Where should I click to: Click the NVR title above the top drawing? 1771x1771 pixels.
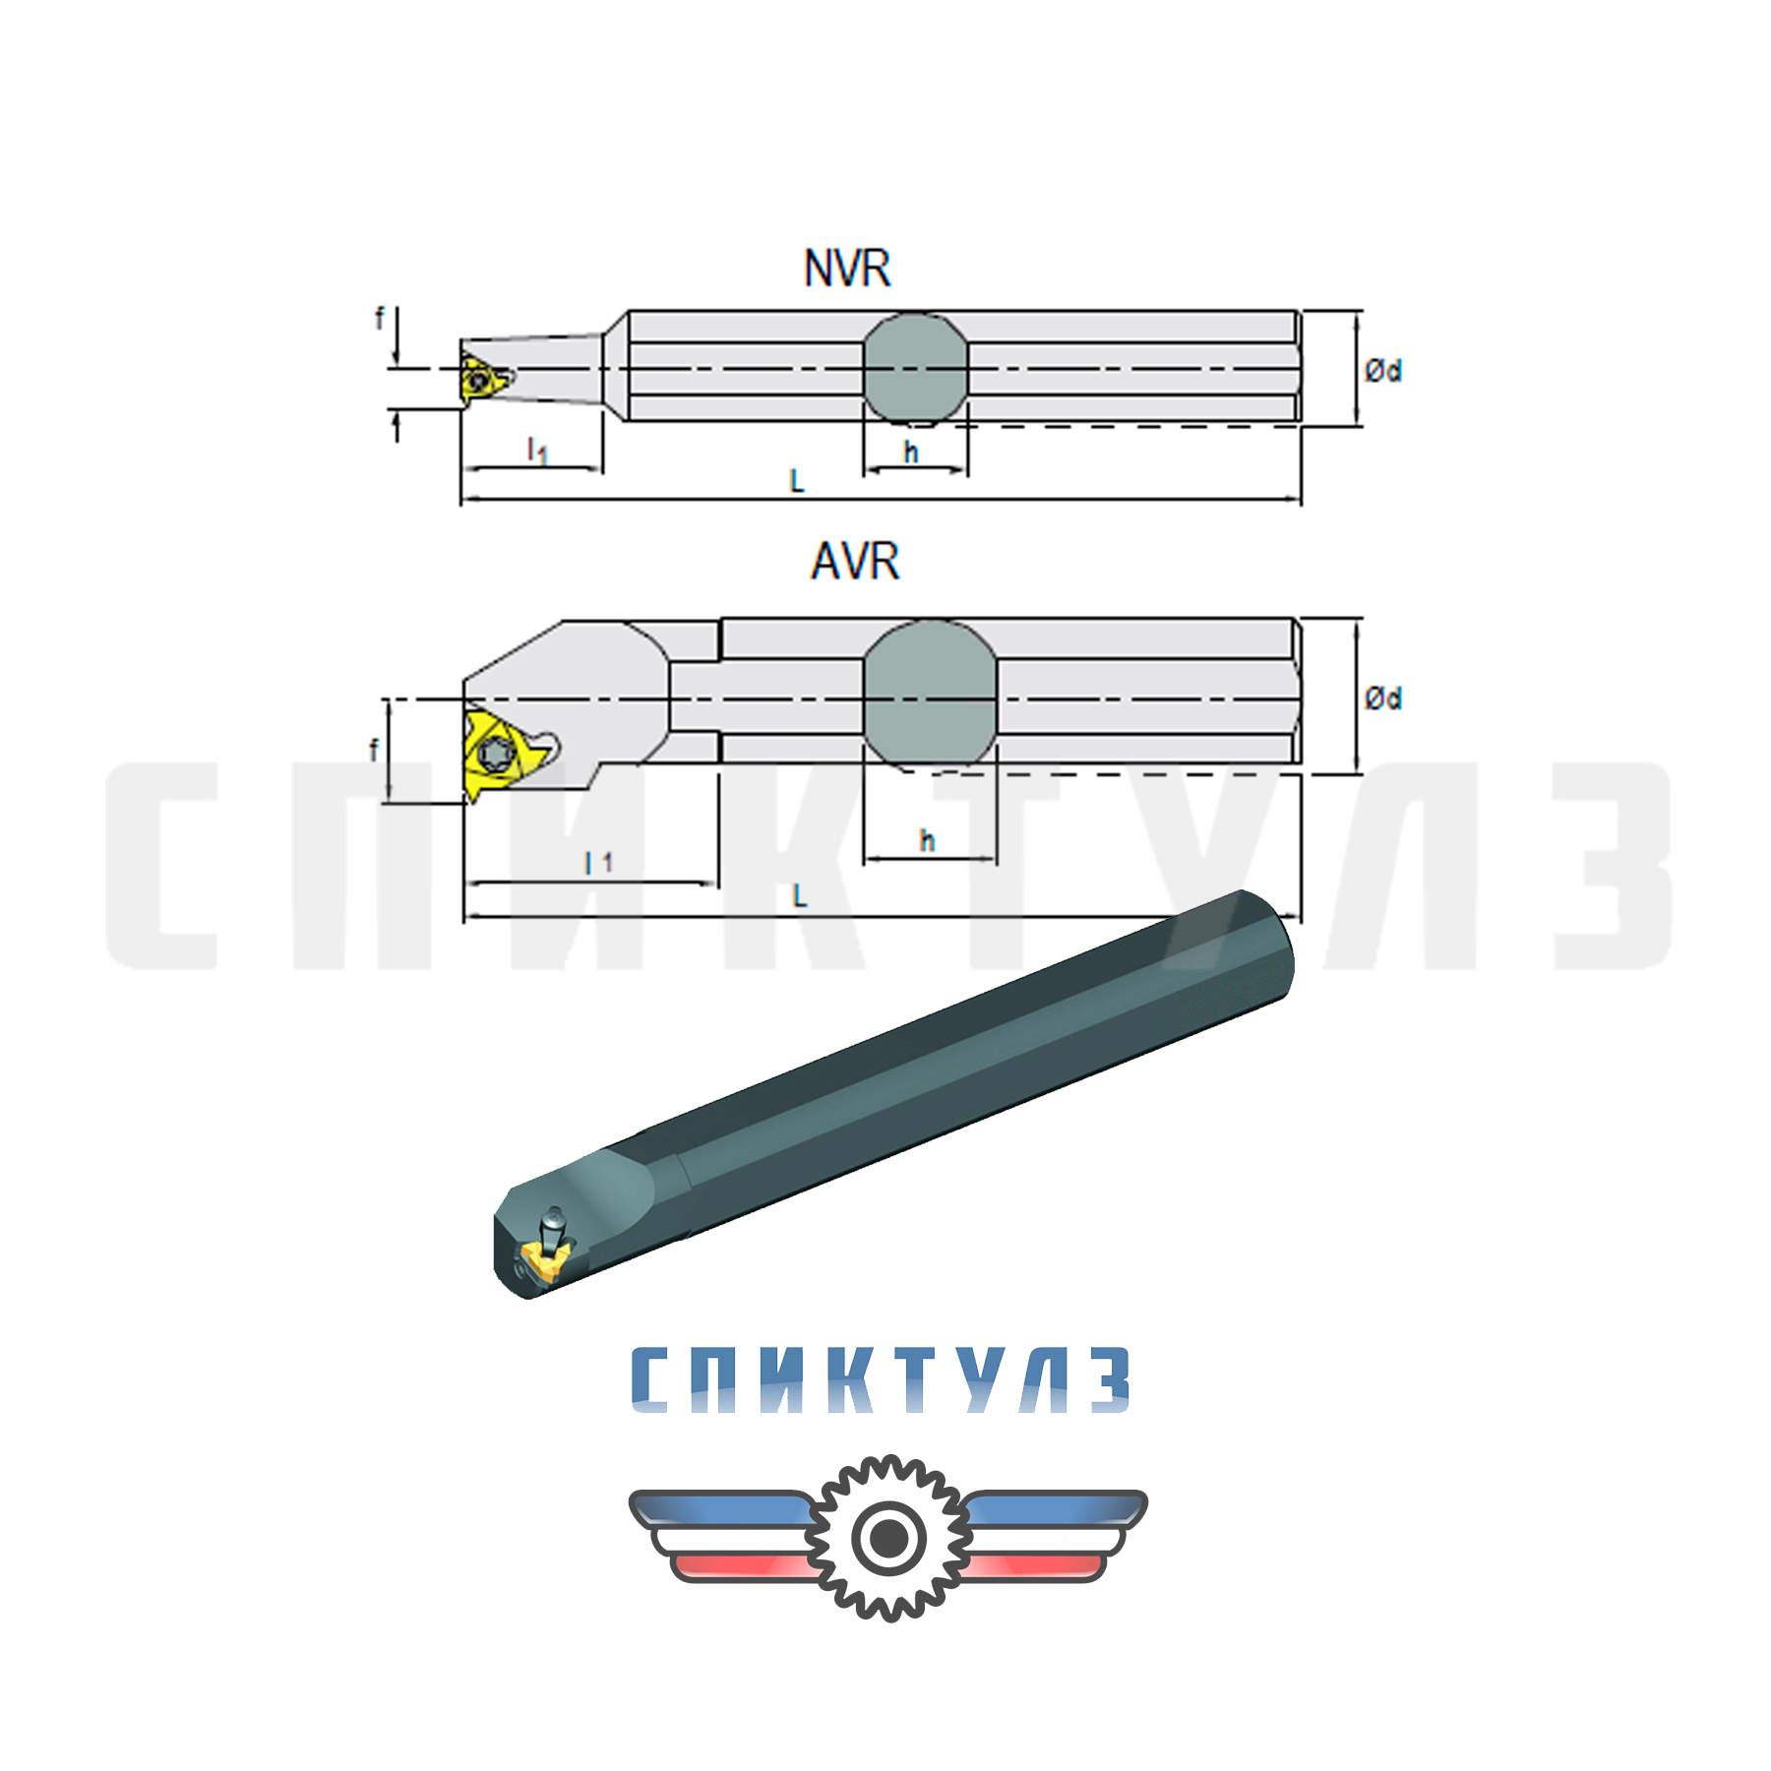847,269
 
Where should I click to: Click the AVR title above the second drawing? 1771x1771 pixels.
854,562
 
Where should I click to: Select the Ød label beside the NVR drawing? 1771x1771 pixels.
1382,371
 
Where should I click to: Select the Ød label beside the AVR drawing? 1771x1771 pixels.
1382,699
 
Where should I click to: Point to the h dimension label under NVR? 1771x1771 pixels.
911,453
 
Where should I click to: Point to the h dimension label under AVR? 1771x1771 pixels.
927,841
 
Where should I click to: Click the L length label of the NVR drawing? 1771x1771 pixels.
797,481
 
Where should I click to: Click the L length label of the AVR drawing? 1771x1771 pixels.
799,896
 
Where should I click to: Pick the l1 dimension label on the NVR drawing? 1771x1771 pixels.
537,451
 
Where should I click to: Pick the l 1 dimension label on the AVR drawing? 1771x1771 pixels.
598,863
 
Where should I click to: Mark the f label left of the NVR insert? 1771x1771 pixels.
380,318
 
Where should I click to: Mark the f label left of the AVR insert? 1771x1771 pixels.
373,751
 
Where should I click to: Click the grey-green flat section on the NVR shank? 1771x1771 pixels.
915,369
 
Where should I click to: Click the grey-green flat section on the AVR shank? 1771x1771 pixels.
930,694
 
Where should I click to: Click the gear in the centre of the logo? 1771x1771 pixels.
888,1538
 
